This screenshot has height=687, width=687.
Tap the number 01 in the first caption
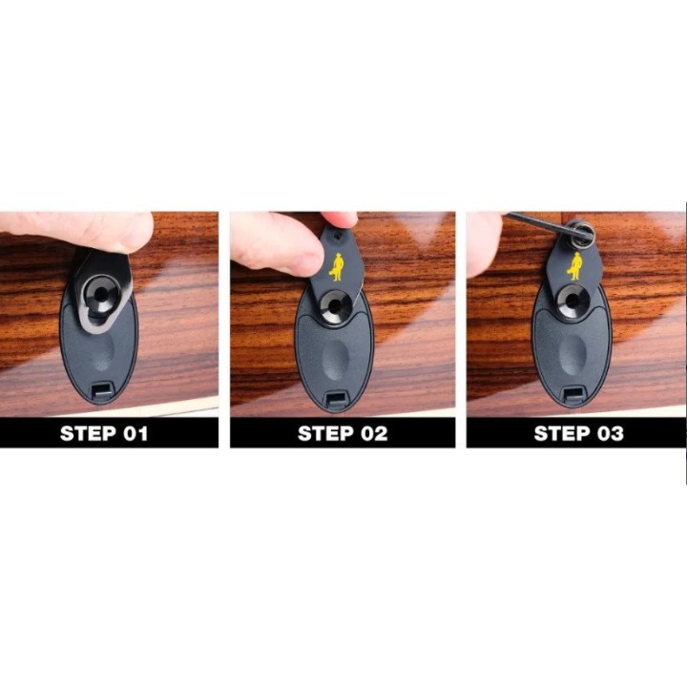click(x=135, y=433)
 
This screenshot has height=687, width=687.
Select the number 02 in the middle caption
click(x=374, y=433)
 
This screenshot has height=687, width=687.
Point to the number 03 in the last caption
click(x=610, y=433)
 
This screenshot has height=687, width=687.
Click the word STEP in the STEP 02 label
click(x=326, y=433)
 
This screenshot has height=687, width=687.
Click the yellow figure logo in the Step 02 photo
click(x=338, y=267)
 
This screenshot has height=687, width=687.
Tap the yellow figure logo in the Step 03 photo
click(x=574, y=266)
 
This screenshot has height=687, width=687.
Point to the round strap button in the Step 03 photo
click(x=572, y=302)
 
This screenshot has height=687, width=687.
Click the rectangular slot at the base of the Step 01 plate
click(x=101, y=389)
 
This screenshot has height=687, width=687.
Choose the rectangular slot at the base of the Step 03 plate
click(x=573, y=395)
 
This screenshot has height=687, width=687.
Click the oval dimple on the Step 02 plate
click(x=335, y=359)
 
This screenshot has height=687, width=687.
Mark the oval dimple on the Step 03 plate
click(x=572, y=355)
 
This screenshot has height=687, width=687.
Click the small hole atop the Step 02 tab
click(x=337, y=236)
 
